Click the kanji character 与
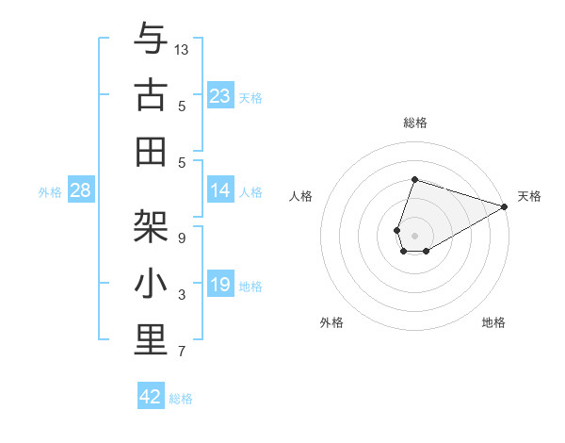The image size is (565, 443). [151, 40]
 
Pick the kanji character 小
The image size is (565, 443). [151, 283]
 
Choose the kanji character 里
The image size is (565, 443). [151, 340]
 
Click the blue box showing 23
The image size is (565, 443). [219, 95]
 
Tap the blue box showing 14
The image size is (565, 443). [219, 190]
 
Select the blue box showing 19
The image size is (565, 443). [219, 285]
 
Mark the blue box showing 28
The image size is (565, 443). [80, 190]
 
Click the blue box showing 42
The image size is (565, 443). [151, 397]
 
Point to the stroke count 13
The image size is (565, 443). [182, 49]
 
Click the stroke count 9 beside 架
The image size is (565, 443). [181, 238]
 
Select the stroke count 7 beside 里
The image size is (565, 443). [181, 353]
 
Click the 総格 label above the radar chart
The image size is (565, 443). [415, 123]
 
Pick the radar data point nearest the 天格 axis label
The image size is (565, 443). [505, 207]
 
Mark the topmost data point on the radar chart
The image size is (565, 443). [414, 179]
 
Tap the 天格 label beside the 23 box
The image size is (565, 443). [250, 97]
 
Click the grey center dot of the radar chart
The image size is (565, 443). [414, 234]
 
